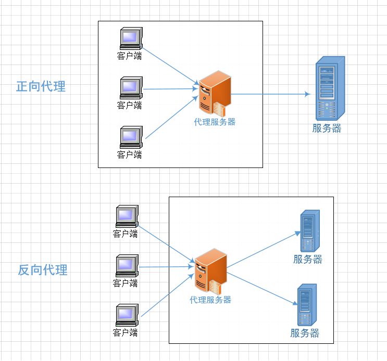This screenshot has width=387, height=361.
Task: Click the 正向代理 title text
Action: tap(41, 86)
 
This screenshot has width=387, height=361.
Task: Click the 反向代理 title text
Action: tap(43, 270)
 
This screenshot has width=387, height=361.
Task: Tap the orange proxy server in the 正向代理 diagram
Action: tap(215, 94)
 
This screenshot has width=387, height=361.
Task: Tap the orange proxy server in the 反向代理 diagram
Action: tap(211, 272)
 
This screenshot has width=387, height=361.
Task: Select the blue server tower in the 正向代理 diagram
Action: tap(330, 88)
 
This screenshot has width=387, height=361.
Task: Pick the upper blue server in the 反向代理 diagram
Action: tap(310, 230)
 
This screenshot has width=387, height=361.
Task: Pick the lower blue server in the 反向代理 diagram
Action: tap(307, 305)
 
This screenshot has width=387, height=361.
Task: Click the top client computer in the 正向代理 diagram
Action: tap(131, 38)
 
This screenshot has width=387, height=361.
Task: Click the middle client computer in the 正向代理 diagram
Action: tap(131, 88)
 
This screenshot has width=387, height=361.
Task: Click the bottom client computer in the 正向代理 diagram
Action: tap(131, 137)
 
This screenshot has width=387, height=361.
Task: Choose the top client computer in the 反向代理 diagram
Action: tap(127, 216)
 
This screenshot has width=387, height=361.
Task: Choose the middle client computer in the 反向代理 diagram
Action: tap(127, 266)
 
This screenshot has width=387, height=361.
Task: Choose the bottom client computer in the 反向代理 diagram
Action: tap(127, 315)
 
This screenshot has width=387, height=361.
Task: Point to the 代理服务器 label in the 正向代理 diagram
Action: tap(215, 122)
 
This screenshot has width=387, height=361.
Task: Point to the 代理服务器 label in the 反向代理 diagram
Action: tap(210, 300)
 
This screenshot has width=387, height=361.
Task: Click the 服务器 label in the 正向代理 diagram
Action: tap(327, 128)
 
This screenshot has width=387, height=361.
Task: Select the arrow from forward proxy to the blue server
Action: tap(270, 94)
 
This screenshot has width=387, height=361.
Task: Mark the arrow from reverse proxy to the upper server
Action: tap(264, 250)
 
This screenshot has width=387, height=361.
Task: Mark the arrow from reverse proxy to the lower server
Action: tap(262, 289)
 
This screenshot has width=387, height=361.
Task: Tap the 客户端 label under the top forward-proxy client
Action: tap(129, 56)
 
